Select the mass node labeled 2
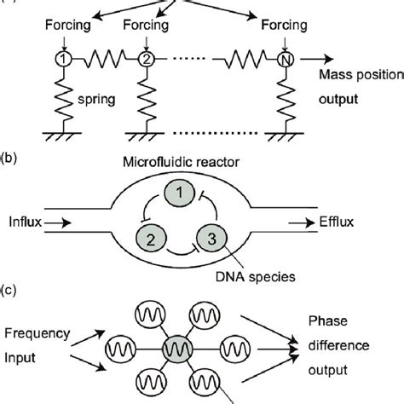(146, 60)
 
